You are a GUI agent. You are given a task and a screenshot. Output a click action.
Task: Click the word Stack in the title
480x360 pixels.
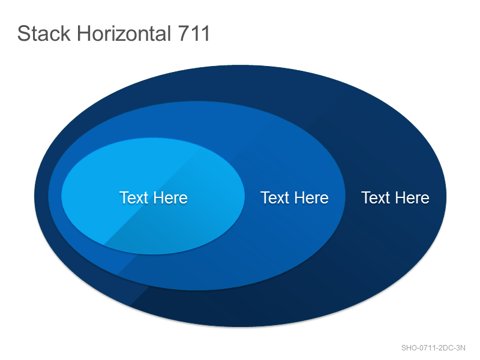(x=44, y=33)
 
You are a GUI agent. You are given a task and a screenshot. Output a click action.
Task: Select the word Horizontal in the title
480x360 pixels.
(x=124, y=33)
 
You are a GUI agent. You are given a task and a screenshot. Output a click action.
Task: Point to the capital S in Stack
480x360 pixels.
(x=23, y=33)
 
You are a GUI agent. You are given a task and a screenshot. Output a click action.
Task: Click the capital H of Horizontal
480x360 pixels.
(x=83, y=33)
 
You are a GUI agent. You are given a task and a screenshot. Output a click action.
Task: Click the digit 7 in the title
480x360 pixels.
(x=184, y=33)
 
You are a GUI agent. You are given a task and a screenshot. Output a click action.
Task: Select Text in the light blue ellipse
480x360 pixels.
(x=134, y=197)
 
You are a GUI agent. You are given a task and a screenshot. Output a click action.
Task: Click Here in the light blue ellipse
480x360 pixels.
(x=170, y=197)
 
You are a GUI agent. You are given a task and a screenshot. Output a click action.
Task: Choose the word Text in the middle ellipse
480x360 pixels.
(x=275, y=197)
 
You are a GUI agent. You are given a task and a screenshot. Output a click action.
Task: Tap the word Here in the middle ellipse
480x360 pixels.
(x=311, y=197)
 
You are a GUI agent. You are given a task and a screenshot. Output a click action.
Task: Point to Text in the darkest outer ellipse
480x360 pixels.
(x=376, y=197)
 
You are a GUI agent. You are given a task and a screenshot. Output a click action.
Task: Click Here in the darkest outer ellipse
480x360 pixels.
(x=412, y=197)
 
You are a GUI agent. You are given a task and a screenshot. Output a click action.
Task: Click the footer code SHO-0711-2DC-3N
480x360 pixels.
(x=433, y=348)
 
